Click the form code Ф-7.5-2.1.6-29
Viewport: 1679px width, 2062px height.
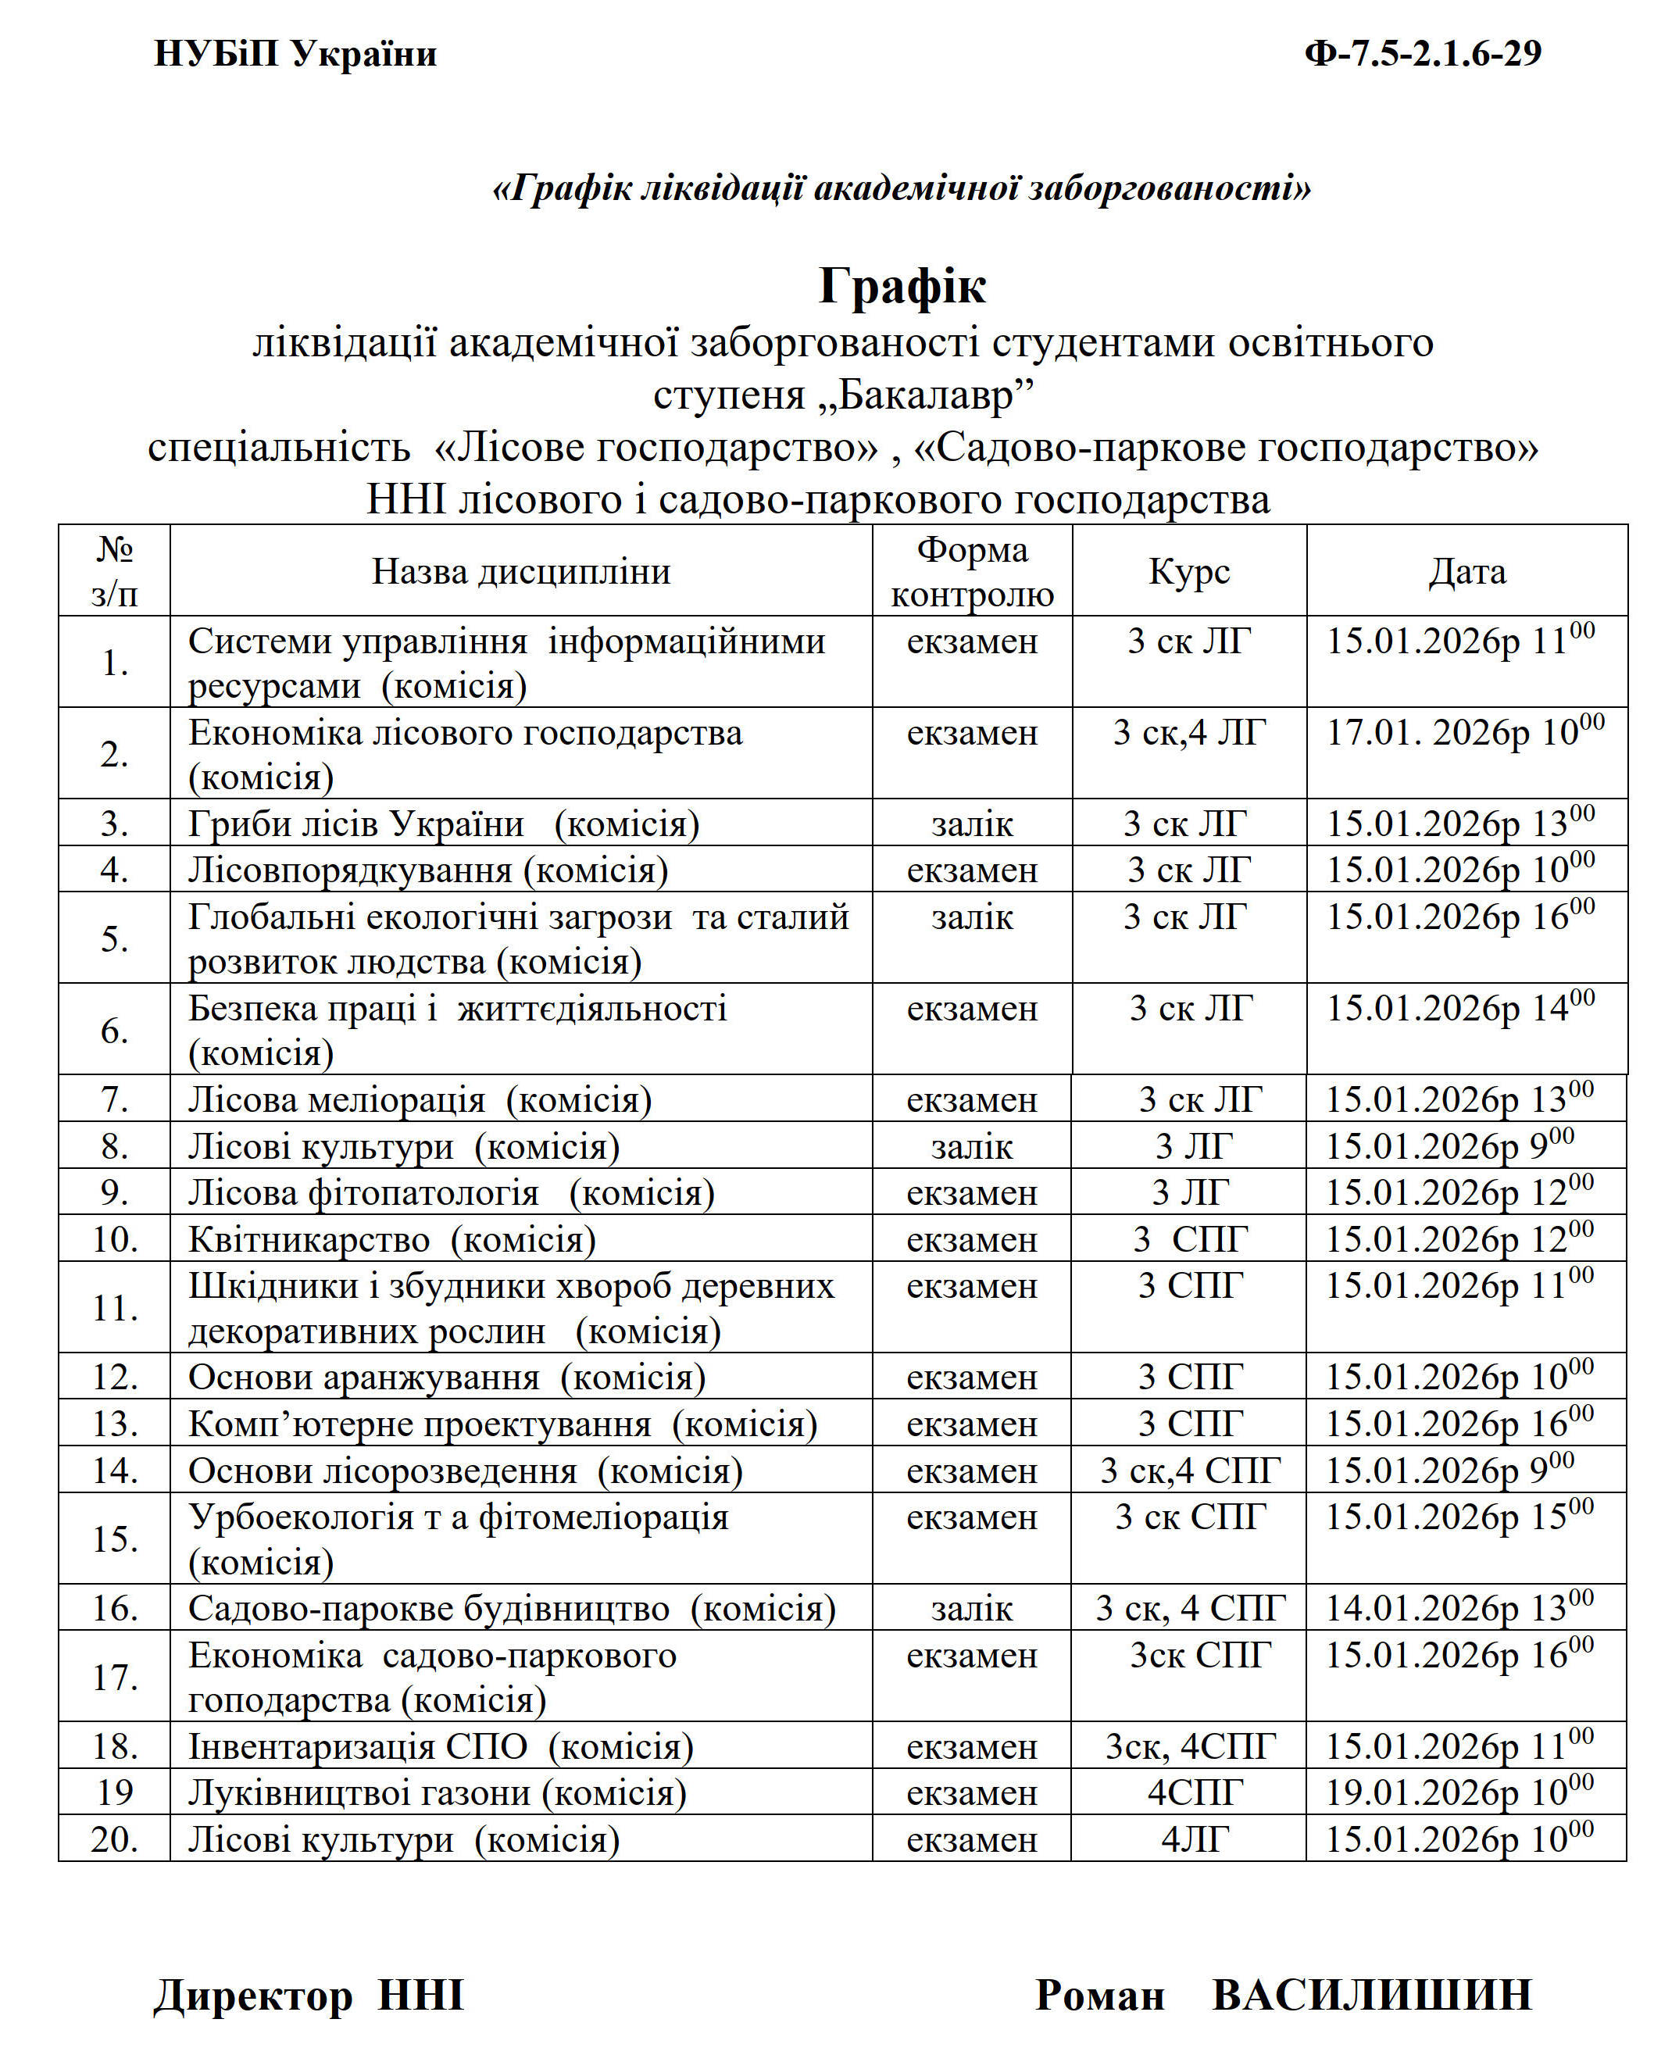coord(1422,53)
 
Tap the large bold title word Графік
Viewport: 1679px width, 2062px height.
coord(902,285)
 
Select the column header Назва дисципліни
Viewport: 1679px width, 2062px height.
coord(520,572)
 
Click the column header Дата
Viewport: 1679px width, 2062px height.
coord(1466,572)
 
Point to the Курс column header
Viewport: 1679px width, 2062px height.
coord(1188,572)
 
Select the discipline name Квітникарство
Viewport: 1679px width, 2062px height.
coord(309,1239)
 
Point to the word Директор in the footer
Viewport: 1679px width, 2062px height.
coord(253,1996)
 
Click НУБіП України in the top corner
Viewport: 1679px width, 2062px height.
coord(295,53)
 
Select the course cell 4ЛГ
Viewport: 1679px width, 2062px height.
coord(1195,1839)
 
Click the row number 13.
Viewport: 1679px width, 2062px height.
coord(114,1424)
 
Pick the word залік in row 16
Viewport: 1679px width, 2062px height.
coord(971,1608)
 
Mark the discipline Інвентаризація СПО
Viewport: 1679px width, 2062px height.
coord(358,1746)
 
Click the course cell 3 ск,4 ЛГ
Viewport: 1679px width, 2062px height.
coord(1188,732)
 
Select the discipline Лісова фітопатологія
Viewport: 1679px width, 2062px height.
coord(363,1192)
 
